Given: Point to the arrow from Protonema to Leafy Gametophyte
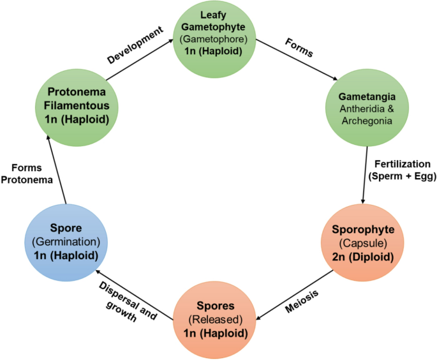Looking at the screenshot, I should tap(140, 60).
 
